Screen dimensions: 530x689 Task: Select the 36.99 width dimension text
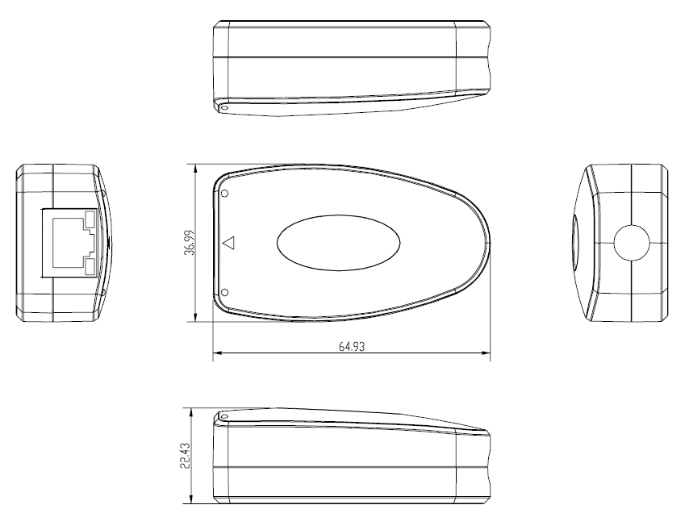point(188,241)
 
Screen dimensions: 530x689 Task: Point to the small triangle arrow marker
point(228,242)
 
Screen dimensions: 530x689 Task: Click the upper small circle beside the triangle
point(224,194)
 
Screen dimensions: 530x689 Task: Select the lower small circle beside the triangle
point(224,292)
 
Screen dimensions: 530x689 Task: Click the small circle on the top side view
point(224,107)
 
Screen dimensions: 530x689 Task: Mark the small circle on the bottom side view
point(224,417)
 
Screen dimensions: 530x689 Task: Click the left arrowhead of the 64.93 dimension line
point(216,353)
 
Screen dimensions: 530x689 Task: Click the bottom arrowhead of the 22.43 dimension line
point(191,501)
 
